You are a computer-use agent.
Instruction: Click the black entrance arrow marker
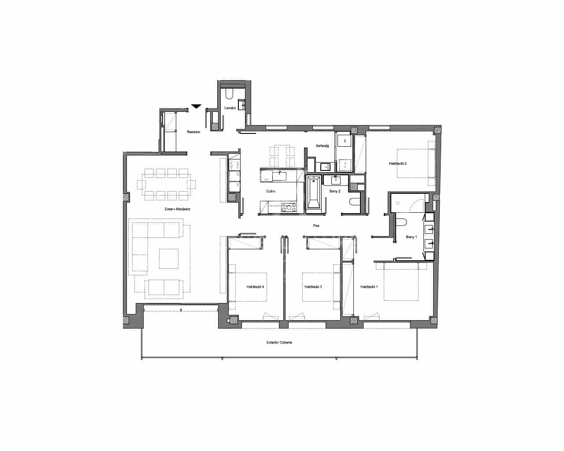click(197, 106)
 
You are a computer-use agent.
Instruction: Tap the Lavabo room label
click(230, 108)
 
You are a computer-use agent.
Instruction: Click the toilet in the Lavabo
click(230, 94)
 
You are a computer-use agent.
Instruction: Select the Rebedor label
click(193, 132)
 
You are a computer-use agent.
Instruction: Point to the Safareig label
click(323, 146)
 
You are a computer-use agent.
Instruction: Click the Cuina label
click(271, 191)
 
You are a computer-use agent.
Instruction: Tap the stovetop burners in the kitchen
click(289, 207)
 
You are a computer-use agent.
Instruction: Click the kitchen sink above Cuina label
click(279, 176)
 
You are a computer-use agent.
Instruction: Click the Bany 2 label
click(335, 191)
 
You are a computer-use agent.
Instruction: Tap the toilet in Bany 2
click(355, 202)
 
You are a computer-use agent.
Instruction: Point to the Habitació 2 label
click(397, 163)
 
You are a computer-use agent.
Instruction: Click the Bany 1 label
click(411, 237)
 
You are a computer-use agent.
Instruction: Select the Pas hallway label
click(316, 225)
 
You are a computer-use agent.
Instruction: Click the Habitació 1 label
click(369, 287)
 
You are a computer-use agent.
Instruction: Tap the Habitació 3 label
click(313, 287)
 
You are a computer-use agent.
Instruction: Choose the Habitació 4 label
click(255, 287)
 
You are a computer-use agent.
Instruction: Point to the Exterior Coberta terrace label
click(279, 342)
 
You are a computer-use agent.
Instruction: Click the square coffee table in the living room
click(169, 259)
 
